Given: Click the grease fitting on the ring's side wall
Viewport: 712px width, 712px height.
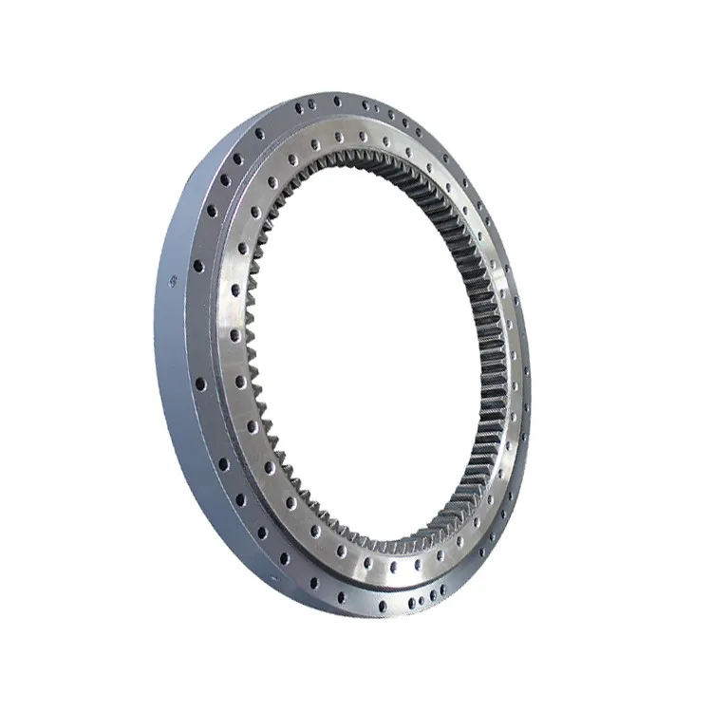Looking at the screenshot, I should click(173, 279).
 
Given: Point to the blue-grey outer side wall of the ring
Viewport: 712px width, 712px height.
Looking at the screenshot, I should click(176, 380).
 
